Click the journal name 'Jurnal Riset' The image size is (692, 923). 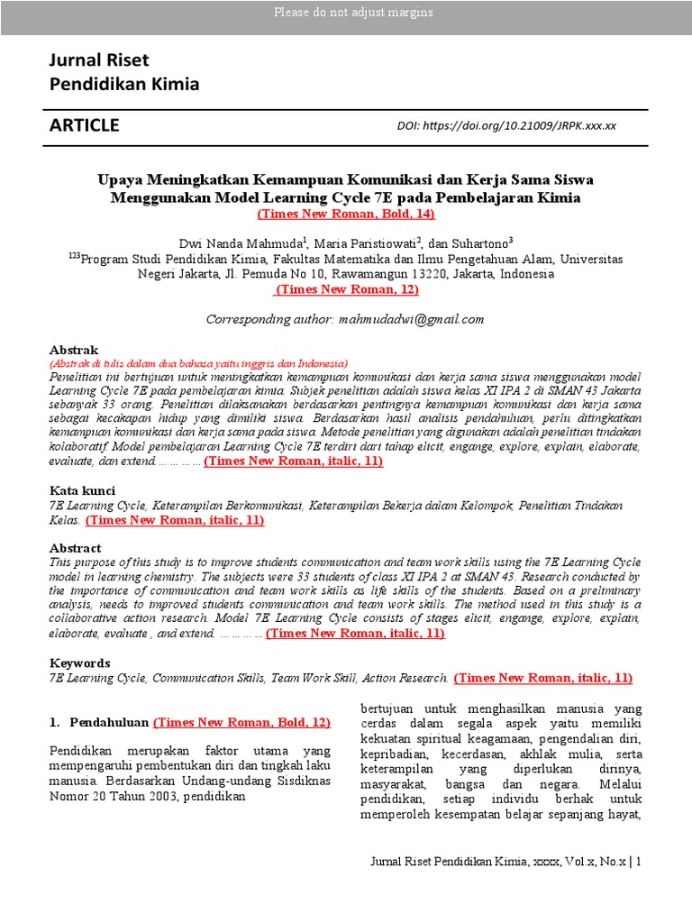[99, 60]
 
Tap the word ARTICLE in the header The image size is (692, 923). [84, 125]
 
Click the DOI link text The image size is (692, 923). [506, 126]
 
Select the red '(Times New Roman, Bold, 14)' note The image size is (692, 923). [346, 215]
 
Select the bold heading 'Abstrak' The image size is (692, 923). [73, 349]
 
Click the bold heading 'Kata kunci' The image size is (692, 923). [81, 490]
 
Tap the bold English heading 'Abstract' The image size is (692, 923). [75, 548]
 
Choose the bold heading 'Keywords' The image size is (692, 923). [79, 663]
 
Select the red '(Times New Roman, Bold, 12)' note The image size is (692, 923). [242, 722]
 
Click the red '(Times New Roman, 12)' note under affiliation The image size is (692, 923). [346, 289]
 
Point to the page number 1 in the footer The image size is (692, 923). [639, 863]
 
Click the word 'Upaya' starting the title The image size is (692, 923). [120, 179]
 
